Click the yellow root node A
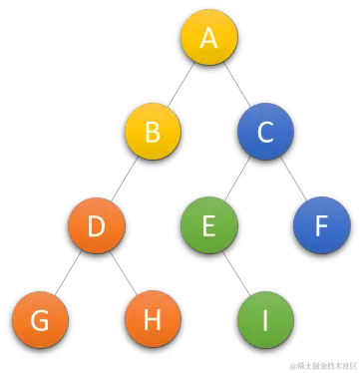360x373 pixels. click(x=208, y=39)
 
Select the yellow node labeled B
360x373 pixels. click(x=153, y=132)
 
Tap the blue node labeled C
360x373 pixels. click(x=264, y=132)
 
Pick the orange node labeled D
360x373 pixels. click(x=97, y=226)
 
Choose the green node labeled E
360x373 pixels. click(x=208, y=226)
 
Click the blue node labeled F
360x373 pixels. click(x=320, y=226)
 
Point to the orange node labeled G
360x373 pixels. click(x=41, y=320)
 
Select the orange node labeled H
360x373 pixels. click(x=153, y=320)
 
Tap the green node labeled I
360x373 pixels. click(x=265, y=320)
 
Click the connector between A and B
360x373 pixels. click(x=180, y=86)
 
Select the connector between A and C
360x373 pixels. click(x=237, y=86)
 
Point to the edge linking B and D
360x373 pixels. click(x=125, y=180)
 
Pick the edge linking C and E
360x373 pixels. click(x=236, y=180)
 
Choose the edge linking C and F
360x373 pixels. click(x=292, y=180)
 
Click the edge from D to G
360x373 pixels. click(x=69, y=273)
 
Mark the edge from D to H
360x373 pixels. click(x=125, y=273)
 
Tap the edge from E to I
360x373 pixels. click(x=237, y=273)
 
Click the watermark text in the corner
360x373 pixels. click(x=321, y=363)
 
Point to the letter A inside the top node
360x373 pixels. click(x=208, y=39)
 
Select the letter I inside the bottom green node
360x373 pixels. click(x=265, y=320)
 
